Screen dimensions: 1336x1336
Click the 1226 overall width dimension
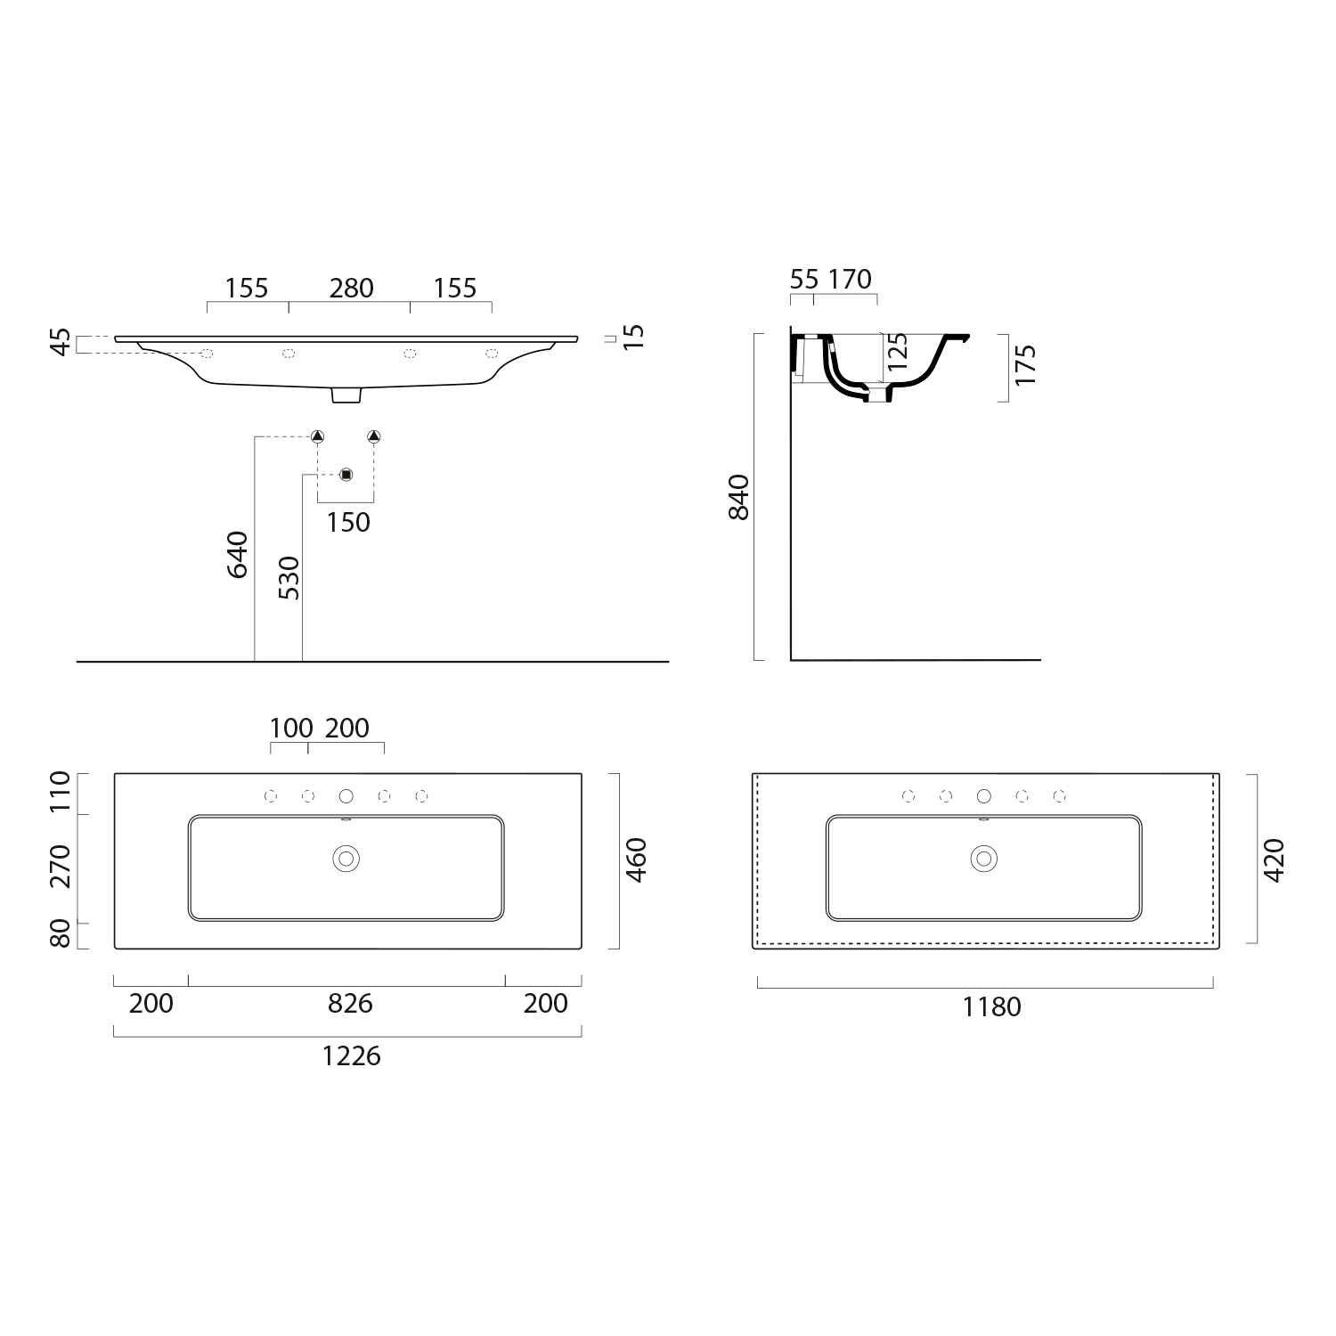click(x=351, y=1056)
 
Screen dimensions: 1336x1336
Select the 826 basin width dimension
click(x=350, y=1004)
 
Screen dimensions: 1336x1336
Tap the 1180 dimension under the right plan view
click(x=991, y=1007)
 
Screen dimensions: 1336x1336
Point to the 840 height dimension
click(x=740, y=497)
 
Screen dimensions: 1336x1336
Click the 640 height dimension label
click(x=238, y=554)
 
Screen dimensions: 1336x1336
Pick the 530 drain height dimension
click(x=289, y=577)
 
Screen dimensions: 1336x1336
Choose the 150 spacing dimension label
click(x=347, y=523)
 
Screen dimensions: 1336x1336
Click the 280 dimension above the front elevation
click(x=351, y=289)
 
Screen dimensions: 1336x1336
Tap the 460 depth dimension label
click(x=637, y=860)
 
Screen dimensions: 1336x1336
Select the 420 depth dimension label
click(x=1275, y=860)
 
